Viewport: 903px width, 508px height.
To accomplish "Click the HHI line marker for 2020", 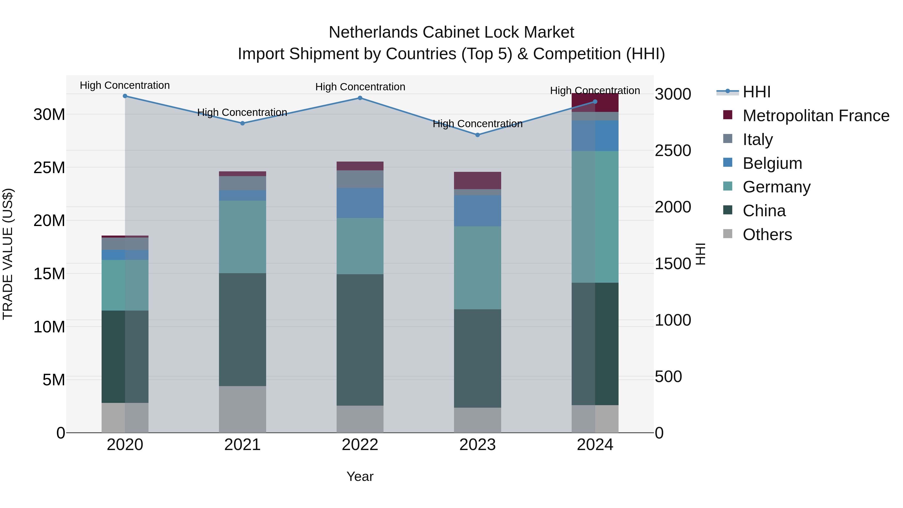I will (125, 96).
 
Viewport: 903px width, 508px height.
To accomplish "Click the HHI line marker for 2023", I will (477, 135).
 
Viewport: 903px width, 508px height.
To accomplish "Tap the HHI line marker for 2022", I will (360, 98).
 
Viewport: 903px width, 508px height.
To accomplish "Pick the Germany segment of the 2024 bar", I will (595, 217).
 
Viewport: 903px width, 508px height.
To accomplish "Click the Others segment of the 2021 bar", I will (242, 409).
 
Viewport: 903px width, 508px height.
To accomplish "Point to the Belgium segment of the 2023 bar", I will (477, 211).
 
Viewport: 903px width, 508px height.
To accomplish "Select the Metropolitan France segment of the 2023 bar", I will (477, 181).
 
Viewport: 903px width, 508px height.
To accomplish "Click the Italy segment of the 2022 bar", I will (360, 179).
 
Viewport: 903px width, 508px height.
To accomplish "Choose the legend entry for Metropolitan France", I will (815, 116).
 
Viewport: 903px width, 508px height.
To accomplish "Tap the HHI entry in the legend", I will (757, 92).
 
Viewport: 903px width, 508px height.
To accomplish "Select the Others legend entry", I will (767, 235).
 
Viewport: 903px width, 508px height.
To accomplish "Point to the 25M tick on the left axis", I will (49, 168).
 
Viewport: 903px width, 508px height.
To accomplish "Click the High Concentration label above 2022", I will (360, 87).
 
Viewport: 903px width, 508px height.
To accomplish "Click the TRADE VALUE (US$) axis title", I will (8, 254).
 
